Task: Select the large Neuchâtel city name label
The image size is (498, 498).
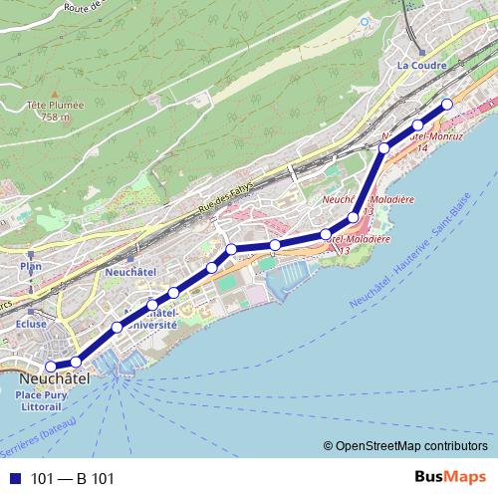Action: point(55,379)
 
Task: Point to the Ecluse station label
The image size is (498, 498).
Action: point(33,324)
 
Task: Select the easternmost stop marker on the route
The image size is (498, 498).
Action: point(447,105)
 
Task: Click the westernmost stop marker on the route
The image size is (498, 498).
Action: point(51,367)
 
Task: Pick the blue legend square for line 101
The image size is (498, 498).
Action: point(13,479)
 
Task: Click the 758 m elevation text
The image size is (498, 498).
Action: point(56,117)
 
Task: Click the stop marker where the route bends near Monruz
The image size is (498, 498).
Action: point(384,149)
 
